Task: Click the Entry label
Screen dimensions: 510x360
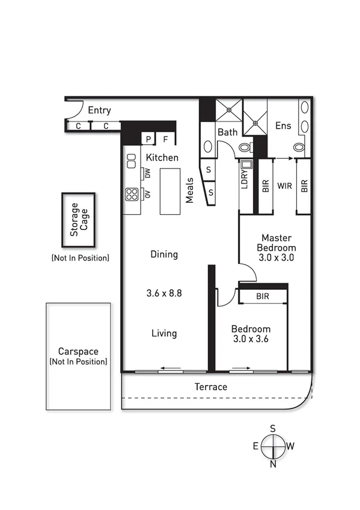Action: [x=99, y=111]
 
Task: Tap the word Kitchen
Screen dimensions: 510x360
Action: [x=162, y=158]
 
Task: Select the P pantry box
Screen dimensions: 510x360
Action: [x=148, y=140]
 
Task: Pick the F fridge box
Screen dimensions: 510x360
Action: [x=166, y=140]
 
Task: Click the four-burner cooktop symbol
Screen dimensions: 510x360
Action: [x=132, y=194]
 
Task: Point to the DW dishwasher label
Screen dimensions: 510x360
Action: [x=147, y=174]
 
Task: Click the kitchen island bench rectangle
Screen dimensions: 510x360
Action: [x=170, y=190]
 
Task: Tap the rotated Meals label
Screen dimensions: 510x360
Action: [x=189, y=190]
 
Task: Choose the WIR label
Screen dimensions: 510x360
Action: [x=284, y=186]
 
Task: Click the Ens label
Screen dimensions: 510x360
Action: [x=283, y=126]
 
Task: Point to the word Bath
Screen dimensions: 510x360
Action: [x=227, y=132]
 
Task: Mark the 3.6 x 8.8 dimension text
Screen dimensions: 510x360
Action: [x=164, y=293]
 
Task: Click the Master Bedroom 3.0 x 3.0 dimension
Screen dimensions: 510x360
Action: [x=276, y=257]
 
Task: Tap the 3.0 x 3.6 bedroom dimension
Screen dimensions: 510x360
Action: [x=251, y=340]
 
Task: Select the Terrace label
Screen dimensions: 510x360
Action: [x=212, y=387]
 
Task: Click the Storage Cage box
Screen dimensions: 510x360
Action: [x=79, y=220]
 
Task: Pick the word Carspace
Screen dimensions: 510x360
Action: [x=78, y=351]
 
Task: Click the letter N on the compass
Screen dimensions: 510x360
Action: [x=273, y=464]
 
